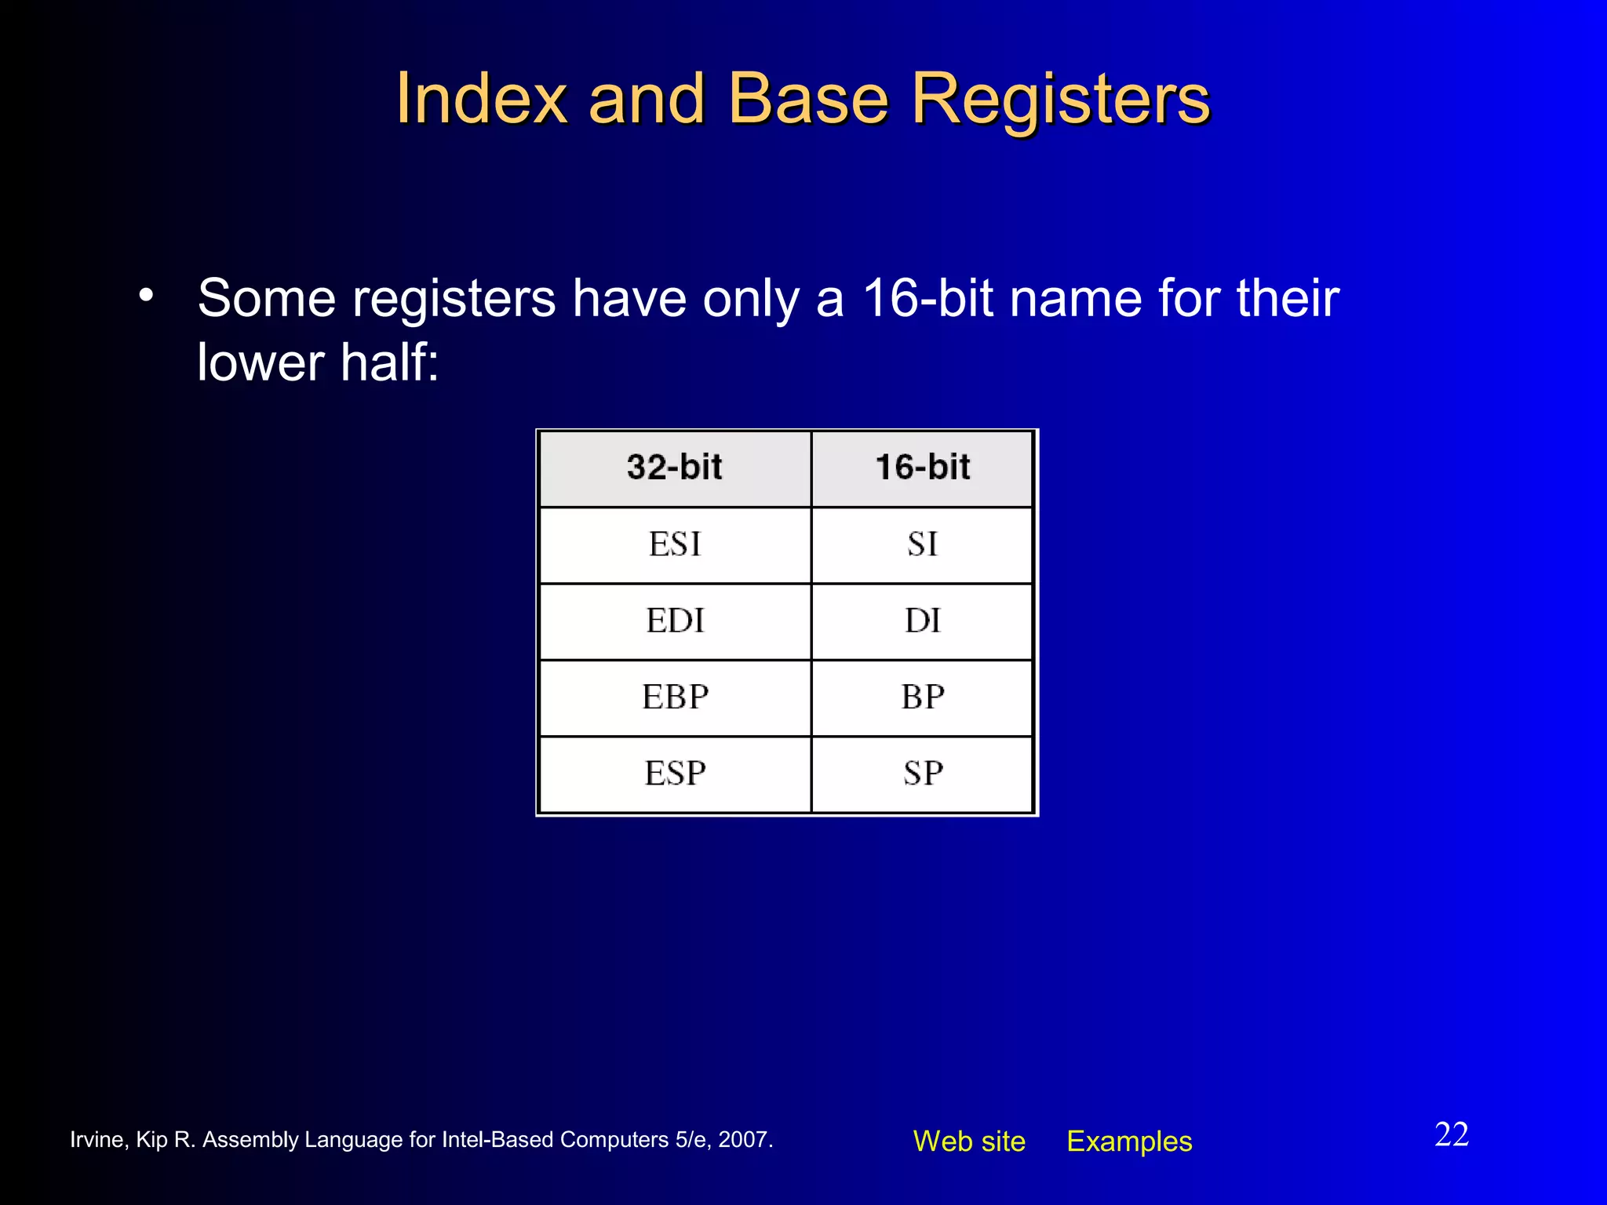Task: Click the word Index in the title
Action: pos(480,99)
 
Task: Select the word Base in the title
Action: pos(808,99)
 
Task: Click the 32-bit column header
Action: pos(674,468)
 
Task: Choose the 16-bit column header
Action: pos(922,468)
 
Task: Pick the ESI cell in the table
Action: pos(674,544)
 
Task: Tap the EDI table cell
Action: pos(674,621)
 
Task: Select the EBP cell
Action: pos(674,697)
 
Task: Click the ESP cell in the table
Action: pos(674,774)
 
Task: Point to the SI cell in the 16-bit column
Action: pos(922,544)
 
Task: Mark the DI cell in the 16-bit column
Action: pos(922,621)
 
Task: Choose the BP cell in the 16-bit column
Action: pos(922,697)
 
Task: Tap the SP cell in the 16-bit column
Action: pos(922,774)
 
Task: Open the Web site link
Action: pos(969,1141)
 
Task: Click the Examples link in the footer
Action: pos(1129,1141)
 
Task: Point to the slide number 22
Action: pos(1451,1134)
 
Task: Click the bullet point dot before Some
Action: pos(146,297)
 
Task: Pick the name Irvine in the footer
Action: pos(97,1140)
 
